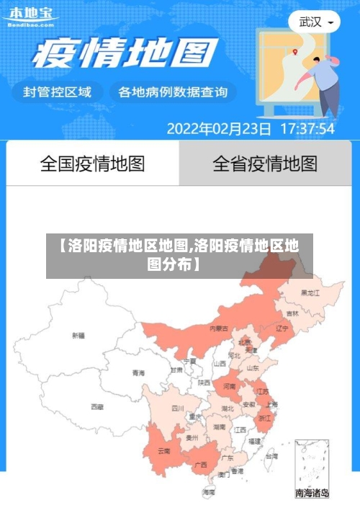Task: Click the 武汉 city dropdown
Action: (315, 22)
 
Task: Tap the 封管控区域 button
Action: (58, 92)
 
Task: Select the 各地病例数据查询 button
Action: (172, 92)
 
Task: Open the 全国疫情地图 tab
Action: (92, 164)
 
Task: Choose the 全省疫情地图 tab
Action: (265, 164)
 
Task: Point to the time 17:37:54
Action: (307, 130)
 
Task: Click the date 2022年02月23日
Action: (219, 130)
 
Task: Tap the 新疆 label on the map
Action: (78, 335)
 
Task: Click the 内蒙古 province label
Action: (218, 328)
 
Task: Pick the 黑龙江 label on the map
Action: (310, 293)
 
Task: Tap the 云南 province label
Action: (163, 451)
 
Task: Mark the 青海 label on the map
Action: (138, 373)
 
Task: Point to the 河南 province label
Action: (229, 387)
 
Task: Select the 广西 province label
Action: (200, 465)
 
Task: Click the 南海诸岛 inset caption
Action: (312, 494)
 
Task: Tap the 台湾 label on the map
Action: (271, 456)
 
